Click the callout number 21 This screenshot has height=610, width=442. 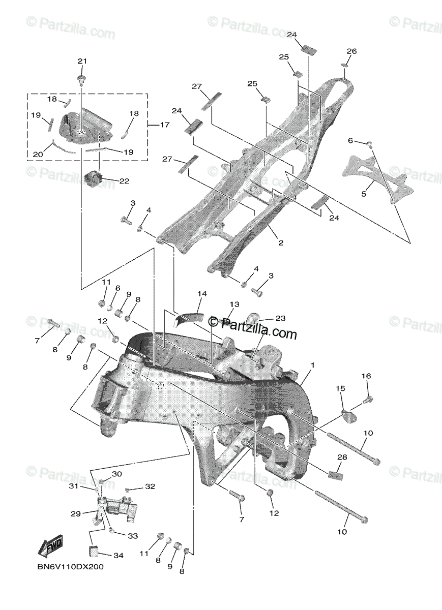click(x=82, y=62)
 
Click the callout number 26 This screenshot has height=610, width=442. click(x=351, y=51)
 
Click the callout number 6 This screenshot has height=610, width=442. click(x=350, y=140)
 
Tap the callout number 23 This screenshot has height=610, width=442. click(x=280, y=319)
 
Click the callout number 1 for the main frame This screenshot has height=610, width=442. click(x=313, y=365)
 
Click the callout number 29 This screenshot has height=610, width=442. click(x=76, y=514)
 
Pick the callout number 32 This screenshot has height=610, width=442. click(x=149, y=486)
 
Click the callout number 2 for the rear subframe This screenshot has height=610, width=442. click(x=280, y=243)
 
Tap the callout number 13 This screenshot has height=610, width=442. click(x=233, y=304)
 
